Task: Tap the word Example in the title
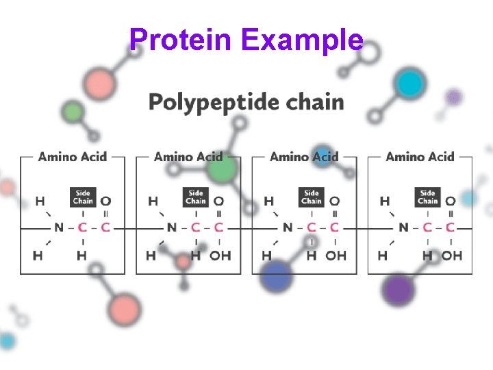point(302,40)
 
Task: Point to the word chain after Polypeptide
point(315,103)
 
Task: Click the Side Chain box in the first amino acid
point(83,197)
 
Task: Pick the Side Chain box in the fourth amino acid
point(428,197)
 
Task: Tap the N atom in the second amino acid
point(171,227)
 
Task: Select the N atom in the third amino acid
point(287,227)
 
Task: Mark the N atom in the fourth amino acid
point(403,227)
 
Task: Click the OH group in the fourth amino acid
point(451,256)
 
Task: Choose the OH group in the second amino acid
point(220,256)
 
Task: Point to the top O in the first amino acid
point(105,201)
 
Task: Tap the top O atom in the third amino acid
point(334,201)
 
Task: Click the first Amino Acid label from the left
point(73,157)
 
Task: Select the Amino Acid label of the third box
point(304,157)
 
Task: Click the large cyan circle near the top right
point(411,84)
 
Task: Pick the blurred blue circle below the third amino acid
point(276,277)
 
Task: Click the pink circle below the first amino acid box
point(125,309)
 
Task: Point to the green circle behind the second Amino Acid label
point(221,167)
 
